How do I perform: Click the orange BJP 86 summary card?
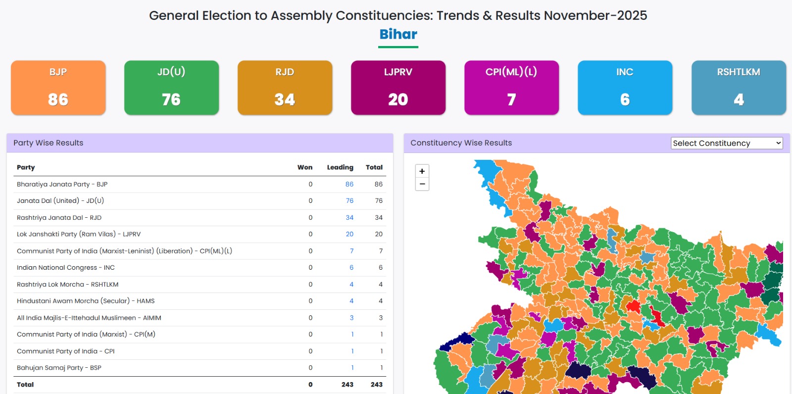[58, 88]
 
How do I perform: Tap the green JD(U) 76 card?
[171, 88]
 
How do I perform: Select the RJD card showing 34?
[285, 88]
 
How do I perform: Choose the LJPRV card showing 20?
[398, 88]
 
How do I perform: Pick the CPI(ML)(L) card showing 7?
[511, 88]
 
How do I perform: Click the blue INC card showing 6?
[625, 88]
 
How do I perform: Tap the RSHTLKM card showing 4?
[739, 88]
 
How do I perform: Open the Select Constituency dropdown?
[727, 143]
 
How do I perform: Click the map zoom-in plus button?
[422, 171]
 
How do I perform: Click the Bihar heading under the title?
[398, 34]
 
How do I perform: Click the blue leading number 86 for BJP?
[349, 184]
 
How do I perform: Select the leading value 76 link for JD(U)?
[349, 201]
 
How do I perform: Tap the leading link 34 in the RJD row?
[349, 218]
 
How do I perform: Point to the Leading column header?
[340, 167]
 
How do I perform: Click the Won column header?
[305, 167]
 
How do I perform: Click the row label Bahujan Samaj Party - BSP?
[59, 368]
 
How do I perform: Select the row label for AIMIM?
[89, 318]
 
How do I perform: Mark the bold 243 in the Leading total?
[347, 385]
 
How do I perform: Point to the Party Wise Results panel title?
[49, 143]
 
